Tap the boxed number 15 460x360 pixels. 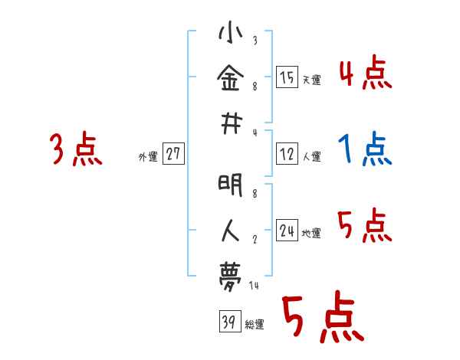coord(287,77)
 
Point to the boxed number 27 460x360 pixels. coord(173,155)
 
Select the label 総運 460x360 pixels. coord(254,324)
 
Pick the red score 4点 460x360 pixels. coord(366,73)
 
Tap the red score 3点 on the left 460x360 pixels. coord(76,149)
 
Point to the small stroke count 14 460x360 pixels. coord(255,286)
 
